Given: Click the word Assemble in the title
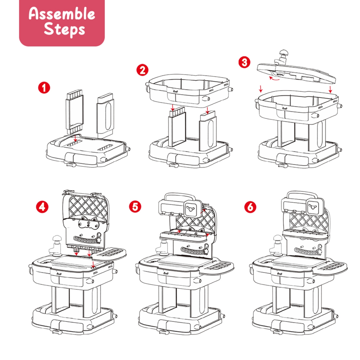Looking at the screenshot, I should [x=62, y=14].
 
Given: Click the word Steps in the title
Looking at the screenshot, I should [x=64, y=29].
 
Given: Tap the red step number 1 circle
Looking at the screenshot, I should [x=44, y=88].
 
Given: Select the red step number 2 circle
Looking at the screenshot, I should [x=142, y=70].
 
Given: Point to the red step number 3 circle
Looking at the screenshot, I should [x=244, y=62].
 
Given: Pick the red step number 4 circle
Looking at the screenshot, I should [x=42, y=207].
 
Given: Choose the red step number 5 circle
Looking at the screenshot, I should [x=135, y=207].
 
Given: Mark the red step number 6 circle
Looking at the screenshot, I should [x=250, y=207].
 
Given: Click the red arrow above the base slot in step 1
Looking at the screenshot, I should [x=75, y=138].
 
